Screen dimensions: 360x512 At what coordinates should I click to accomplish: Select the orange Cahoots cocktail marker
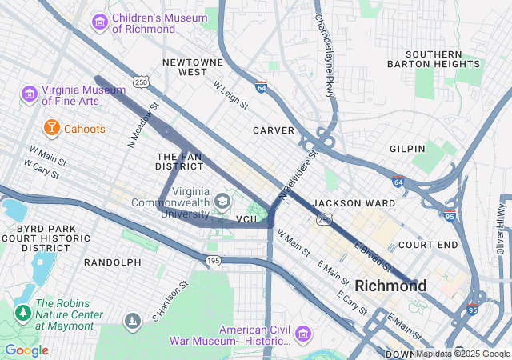click(51, 128)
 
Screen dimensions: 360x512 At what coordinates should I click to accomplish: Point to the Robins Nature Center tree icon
click(22, 310)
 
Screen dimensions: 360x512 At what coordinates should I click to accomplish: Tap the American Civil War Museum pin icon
click(302, 332)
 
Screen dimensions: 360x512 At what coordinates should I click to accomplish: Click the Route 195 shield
click(213, 261)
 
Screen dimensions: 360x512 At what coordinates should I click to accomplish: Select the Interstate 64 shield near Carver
click(261, 86)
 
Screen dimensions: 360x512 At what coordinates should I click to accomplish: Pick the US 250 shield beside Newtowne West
click(141, 82)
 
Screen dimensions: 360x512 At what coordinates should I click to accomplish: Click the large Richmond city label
click(390, 286)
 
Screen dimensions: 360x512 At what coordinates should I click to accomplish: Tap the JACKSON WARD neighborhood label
click(354, 203)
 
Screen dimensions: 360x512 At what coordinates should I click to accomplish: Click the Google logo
click(26, 350)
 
